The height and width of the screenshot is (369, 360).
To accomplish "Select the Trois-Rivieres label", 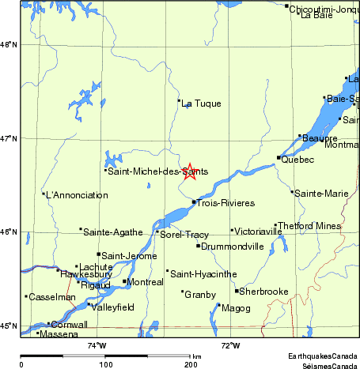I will (225, 203).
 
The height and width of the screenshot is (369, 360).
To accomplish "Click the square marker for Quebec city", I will (279, 157).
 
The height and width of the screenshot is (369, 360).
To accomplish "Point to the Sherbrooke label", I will (264, 292).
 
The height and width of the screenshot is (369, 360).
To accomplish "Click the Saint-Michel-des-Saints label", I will (157, 171).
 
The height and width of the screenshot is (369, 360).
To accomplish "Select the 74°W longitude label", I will (96, 345).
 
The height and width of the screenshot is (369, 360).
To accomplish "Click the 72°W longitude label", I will (230, 345).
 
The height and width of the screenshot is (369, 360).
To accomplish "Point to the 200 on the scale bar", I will (190, 364).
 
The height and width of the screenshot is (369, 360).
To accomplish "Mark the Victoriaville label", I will (259, 232).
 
